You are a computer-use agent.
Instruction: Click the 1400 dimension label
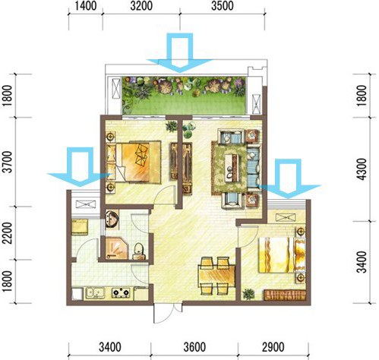tap(86, 6)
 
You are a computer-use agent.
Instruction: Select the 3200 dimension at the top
tap(141, 6)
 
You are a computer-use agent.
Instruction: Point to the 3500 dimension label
tap(223, 6)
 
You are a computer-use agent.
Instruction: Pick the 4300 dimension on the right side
tap(362, 169)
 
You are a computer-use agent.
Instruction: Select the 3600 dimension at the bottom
tap(194, 347)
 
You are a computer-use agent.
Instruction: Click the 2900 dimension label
tap(273, 347)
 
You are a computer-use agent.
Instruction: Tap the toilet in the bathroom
tap(138, 251)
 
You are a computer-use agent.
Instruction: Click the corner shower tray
tap(117, 248)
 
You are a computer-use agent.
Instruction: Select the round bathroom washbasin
tap(112, 219)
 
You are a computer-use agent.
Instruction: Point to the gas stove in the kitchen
tap(121, 293)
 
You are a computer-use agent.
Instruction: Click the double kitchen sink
tap(95, 293)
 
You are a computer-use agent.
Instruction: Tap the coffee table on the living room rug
tap(233, 169)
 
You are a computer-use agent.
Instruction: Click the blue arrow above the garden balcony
tap(180, 52)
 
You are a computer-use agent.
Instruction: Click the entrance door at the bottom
tap(168, 313)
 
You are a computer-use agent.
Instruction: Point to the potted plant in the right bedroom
tap(248, 294)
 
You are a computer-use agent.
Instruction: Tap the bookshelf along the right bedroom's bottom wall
tap(285, 295)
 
